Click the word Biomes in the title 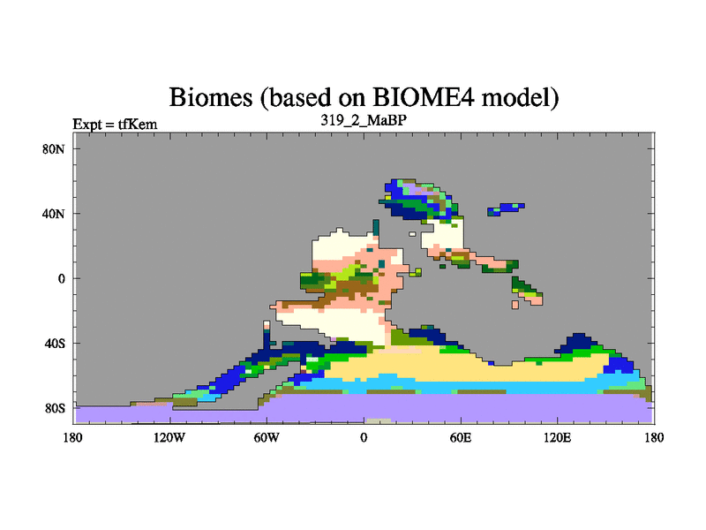211,97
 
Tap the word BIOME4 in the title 424,96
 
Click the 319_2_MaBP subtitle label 364,120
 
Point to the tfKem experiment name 138,124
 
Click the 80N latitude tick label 54,149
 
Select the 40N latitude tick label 54,214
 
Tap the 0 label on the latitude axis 61,279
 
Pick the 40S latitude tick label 55,344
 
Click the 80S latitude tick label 55,408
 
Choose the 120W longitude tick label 169,437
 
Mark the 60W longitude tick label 267,437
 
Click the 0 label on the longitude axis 364,437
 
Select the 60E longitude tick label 461,437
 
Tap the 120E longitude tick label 558,437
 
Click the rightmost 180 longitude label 654,437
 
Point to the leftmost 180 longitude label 73,437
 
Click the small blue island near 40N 506,208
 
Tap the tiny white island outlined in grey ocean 412,234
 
